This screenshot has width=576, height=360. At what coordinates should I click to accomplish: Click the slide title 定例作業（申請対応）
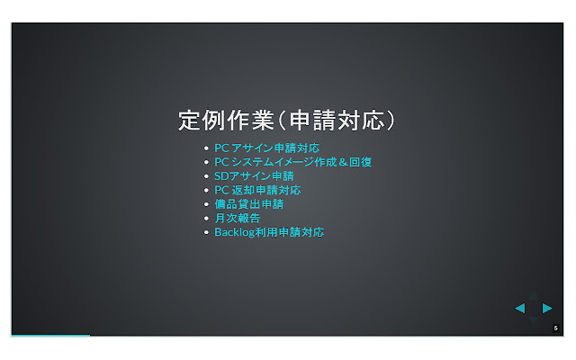coord(287,120)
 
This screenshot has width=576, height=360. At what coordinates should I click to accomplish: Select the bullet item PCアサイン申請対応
coord(266,148)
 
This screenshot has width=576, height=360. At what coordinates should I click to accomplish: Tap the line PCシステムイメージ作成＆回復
coord(292,162)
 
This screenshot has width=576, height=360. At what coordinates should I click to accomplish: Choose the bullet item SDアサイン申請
coord(254,175)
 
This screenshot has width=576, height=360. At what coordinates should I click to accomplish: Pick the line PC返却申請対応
coord(256,190)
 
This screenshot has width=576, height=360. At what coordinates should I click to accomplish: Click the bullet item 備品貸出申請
coord(247,203)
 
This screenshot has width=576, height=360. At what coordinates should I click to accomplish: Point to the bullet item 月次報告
coord(237,218)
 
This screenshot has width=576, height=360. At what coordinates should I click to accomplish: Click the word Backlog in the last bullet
coord(234,232)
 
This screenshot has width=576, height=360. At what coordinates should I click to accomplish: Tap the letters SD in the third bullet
coord(220,175)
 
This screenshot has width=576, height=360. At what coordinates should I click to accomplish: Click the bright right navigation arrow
coord(547,309)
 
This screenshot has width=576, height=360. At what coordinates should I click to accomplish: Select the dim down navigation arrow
coord(534,321)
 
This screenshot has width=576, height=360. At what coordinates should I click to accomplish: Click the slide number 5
coord(556,328)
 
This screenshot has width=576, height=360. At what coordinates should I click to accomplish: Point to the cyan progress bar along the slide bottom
coord(50,335)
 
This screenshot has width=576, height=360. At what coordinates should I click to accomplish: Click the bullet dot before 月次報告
coord(206,219)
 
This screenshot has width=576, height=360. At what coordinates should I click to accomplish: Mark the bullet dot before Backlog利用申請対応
coord(206,232)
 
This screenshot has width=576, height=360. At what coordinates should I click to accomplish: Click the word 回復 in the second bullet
coord(361,162)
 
